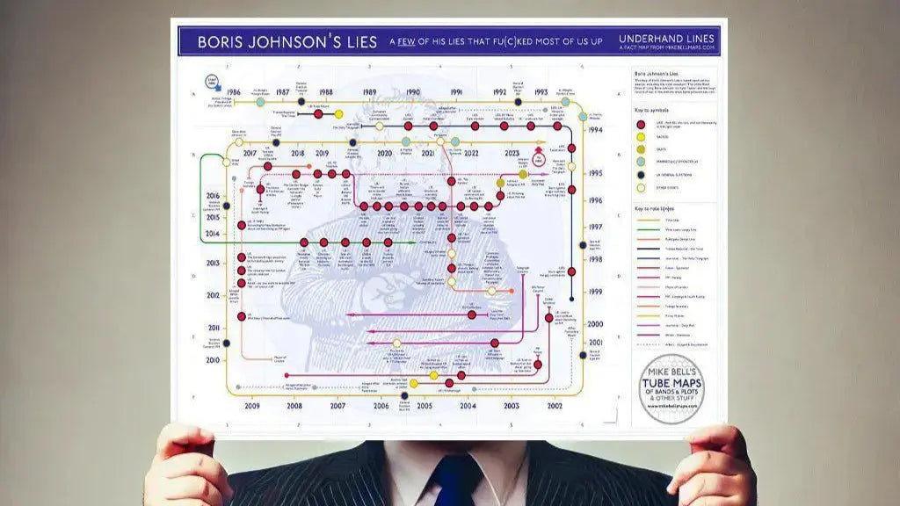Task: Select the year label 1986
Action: (x=232, y=92)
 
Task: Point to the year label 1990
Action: (x=412, y=92)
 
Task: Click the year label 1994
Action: (x=596, y=130)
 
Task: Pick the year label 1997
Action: (x=596, y=227)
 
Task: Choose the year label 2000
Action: (x=596, y=324)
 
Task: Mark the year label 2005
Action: (x=424, y=406)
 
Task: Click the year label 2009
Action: (x=251, y=406)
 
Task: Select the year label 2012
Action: (x=214, y=295)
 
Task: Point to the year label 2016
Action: (x=214, y=196)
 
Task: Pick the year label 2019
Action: (x=322, y=153)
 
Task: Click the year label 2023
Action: (x=513, y=153)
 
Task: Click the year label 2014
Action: (x=214, y=234)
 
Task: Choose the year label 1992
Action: (x=499, y=92)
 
